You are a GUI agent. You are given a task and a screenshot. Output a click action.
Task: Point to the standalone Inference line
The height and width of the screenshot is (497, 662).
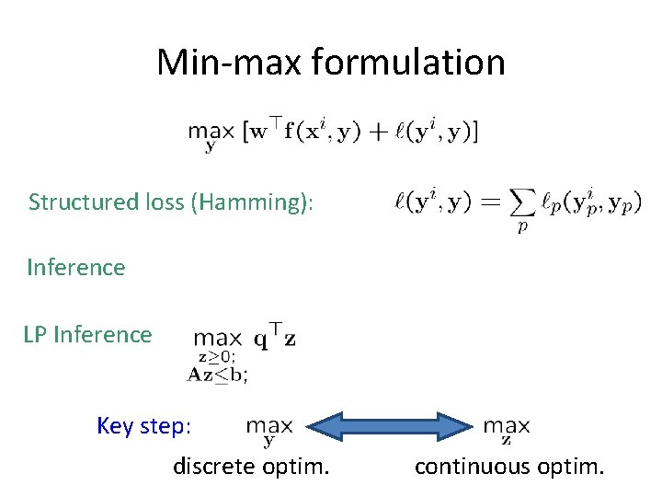tap(76, 268)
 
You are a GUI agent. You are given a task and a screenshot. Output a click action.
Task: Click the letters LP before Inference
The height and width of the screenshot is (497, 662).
tap(36, 334)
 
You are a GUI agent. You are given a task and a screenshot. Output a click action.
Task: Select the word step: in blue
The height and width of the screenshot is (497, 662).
tap(167, 426)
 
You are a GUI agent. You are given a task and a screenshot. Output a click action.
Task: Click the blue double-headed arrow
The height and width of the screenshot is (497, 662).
tap(388, 425)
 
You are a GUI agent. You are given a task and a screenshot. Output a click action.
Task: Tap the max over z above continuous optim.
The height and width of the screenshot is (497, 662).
tap(507, 427)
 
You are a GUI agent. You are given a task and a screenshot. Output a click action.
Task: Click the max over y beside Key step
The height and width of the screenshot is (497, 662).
tap(269, 427)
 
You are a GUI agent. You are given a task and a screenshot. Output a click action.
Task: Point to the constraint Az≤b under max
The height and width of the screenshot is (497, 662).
tap(217, 374)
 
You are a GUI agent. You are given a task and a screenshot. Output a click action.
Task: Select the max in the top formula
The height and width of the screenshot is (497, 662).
tap(210, 133)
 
